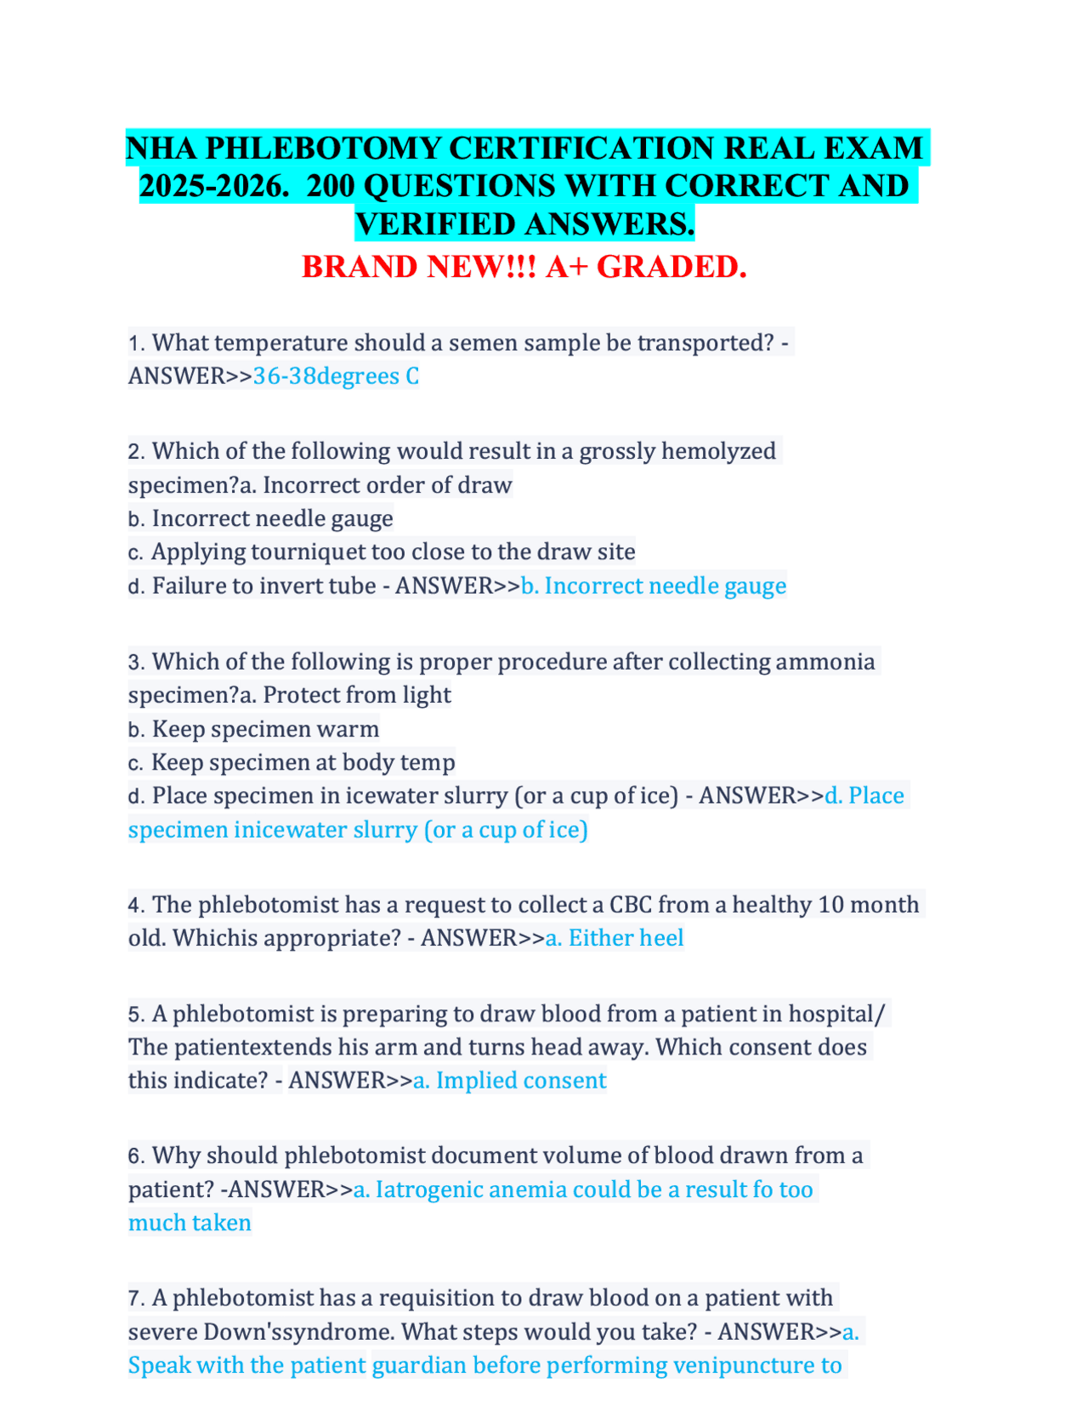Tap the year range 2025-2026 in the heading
pos(209,186)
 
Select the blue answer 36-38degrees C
pos(336,376)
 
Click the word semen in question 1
pos(482,342)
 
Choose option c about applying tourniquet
pos(392,551)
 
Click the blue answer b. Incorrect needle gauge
pos(653,585)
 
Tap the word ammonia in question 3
pos(824,661)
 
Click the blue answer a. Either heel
pos(614,938)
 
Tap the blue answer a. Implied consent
pos(509,1080)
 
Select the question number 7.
pos(136,1298)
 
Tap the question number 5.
pos(136,1014)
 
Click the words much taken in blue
pos(190,1223)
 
